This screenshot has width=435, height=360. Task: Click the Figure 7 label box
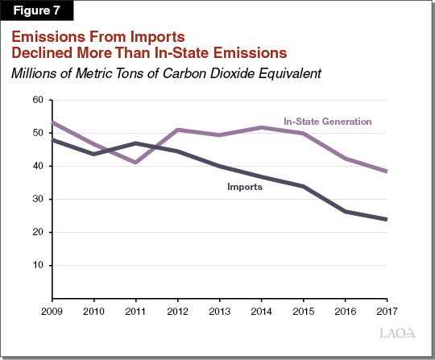pos(37,12)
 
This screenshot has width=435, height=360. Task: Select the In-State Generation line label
pos(327,122)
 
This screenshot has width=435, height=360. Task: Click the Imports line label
pos(243,186)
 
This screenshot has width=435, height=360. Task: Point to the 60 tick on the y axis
pos(35,100)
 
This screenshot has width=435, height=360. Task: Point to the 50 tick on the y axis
pos(35,133)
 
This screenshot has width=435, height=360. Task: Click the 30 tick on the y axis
pos(35,199)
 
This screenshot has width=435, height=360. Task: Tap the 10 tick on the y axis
pos(35,265)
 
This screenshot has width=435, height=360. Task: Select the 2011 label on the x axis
pos(135,311)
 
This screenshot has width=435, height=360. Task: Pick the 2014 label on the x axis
pos(261,311)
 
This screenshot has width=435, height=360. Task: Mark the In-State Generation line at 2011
pos(135,162)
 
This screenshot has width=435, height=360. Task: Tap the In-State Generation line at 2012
pos(176,130)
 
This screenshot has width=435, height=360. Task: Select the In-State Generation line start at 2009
pos(52,123)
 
